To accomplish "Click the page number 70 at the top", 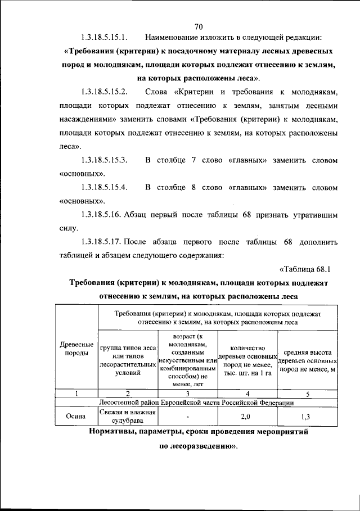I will click(x=198, y=26).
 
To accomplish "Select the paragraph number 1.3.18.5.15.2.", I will click(x=105, y=92).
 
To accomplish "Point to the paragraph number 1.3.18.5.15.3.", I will click(x=105, y=160).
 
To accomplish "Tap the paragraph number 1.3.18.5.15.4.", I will click(x=105, y=187).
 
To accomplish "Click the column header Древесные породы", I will click(x=76, y=349).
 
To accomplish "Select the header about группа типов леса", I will click(x=128, y=360).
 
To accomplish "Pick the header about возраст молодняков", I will click(x=187, y=360).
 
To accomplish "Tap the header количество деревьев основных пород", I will click(x=248, y=360).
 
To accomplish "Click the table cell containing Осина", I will click(x=76, y=417).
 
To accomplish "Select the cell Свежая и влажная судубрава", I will click(x=128, y=417).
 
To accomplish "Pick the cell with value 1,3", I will click(x=307, y=417).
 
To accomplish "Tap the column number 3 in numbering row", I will click(x=187, y=393).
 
